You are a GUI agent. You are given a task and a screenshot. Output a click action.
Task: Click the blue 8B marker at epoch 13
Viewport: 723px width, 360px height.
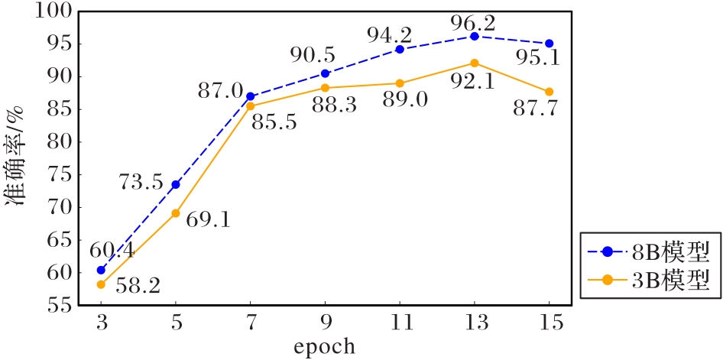(475, 36)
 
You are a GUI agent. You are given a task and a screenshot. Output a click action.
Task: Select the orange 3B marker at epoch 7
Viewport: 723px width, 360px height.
(250, 106)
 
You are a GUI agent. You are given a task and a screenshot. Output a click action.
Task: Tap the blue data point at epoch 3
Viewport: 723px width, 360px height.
(101, 270)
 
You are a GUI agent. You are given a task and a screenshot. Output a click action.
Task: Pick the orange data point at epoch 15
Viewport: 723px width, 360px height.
(549, 92)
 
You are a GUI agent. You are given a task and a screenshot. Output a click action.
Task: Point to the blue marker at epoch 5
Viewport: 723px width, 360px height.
(175, 184)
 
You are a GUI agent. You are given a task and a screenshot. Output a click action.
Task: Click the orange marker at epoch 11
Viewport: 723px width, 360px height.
(400, 83)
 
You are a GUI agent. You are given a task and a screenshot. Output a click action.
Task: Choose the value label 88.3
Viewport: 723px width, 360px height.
(334, 105)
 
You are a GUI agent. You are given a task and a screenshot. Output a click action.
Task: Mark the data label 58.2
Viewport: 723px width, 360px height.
(138, 287)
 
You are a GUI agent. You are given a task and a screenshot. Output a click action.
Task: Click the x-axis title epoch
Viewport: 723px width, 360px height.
(325, 347)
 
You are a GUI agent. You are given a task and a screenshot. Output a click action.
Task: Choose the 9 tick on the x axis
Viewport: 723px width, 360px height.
(325, 323)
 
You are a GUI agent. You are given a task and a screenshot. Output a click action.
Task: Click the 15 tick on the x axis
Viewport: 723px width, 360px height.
(549, 323)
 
